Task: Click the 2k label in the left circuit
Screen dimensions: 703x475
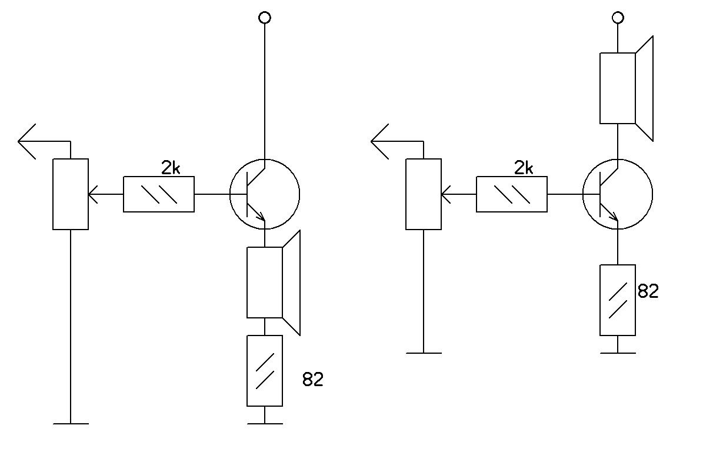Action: pyautogui.click(x=171, y=168)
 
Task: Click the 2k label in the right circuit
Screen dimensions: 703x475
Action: pyautogui.click(x=524, y=168)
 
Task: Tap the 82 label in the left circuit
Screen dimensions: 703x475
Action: pyautogui.click(x=313, y=379)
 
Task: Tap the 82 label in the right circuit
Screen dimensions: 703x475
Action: pyautogui.click(x=648, y=291)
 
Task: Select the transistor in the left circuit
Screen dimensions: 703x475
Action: pyautogui.click(x=265, y=194)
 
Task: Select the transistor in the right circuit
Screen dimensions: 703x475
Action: pyautogui.click(x=618, y=194)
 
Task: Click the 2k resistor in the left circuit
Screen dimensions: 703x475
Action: pyautogui.click(x=159, y=194)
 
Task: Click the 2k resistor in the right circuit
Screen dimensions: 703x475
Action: pyautogui.click(x=512, y=194)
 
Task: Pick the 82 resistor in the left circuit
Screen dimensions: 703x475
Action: pyautogui.click(x=265, y=370)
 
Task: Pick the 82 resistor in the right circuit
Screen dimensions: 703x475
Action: pyautogui.click(x=618, y=300)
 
